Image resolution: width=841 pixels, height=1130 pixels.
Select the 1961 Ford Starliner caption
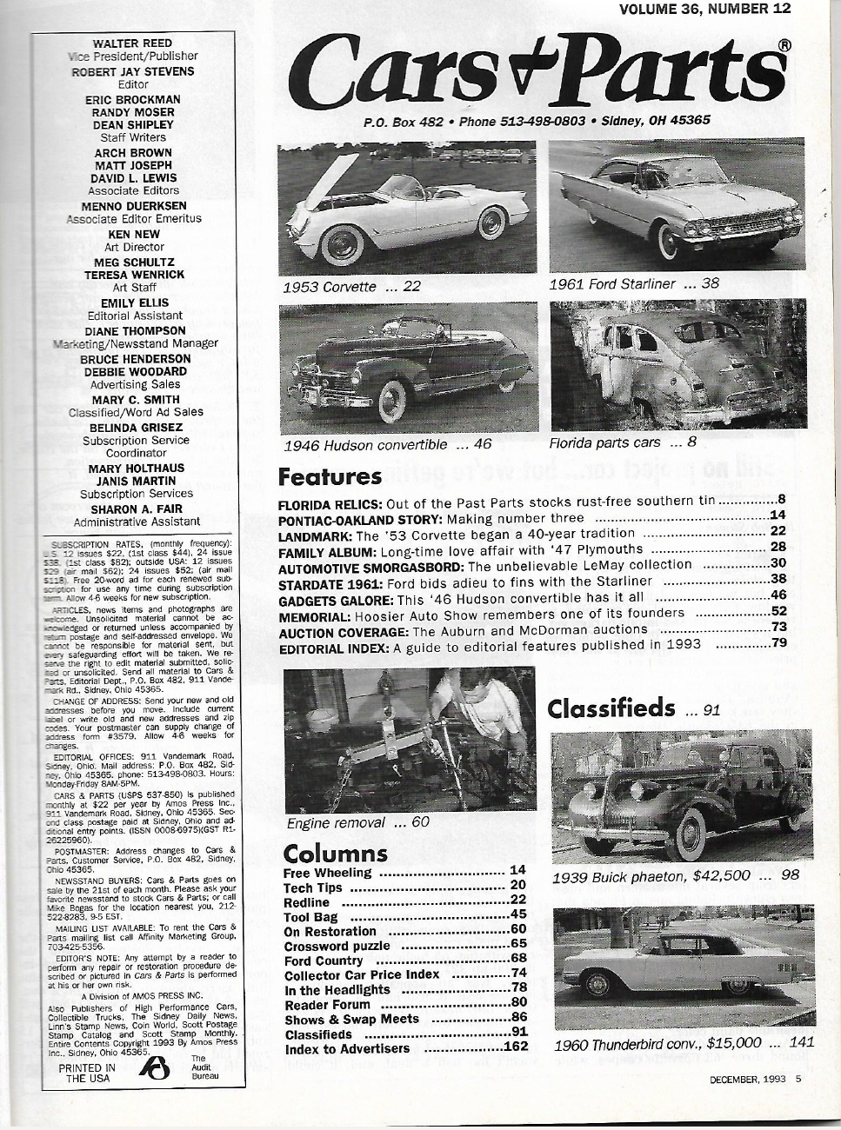(634, 283)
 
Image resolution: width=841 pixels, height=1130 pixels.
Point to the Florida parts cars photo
(677, 365)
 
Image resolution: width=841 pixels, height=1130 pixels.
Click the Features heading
(330, 476)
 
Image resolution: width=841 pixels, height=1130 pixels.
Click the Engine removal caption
(357, 822)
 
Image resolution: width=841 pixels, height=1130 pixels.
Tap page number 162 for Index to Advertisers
(516, 1047)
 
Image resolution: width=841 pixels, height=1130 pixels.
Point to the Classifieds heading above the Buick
(611, 708)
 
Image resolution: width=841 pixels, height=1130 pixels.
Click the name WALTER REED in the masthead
(134, 43)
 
